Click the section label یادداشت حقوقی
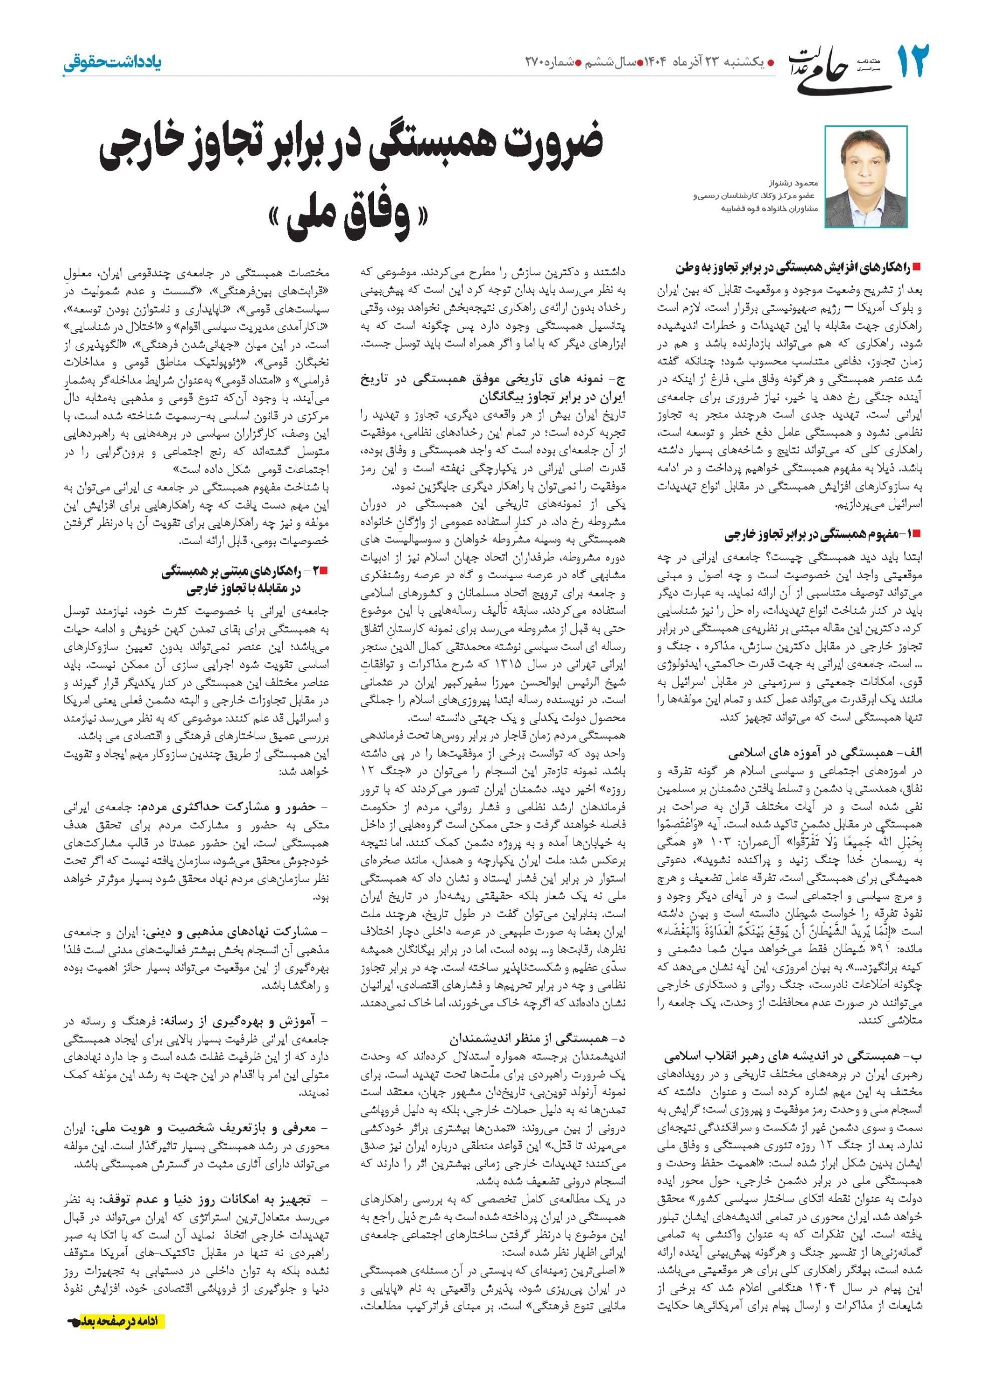112,63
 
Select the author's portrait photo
866,177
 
